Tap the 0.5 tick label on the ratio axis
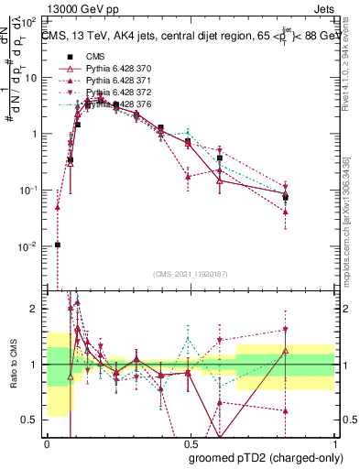pos(31,420)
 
